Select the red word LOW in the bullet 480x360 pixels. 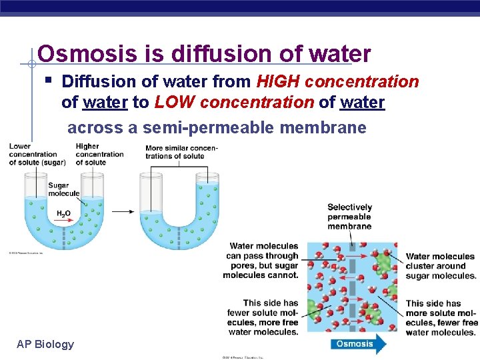(x=175, y=103)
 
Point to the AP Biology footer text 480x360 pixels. (x=45, y=344)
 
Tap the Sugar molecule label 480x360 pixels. (x=58, y=189)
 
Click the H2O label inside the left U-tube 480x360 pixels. (x=63, y=213)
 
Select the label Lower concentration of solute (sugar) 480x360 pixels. (x=33, y=154)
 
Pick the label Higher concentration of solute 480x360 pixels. (x=99, y=154)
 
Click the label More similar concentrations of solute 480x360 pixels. (x=181, y=152)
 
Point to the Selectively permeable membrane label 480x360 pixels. (x=349, y=217)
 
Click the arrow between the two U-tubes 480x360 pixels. (x=122, y=212)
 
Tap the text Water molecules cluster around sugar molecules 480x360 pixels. (x=440, y=265)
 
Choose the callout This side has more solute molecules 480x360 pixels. (x=441, y=317)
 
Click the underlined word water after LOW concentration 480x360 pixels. (x=362, y=103)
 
